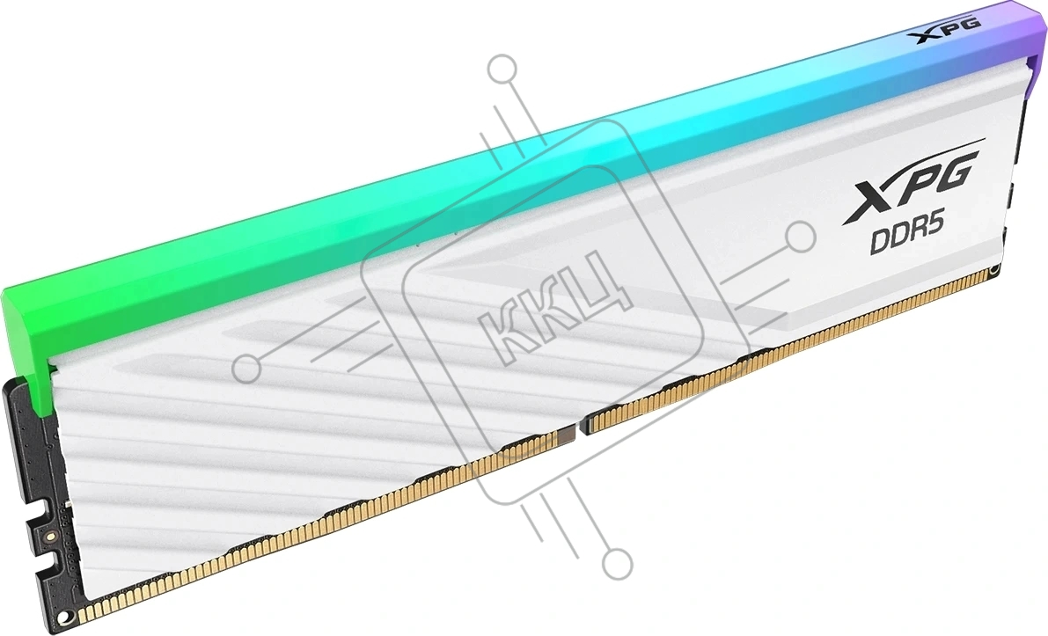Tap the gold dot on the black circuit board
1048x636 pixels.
(49, 536)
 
